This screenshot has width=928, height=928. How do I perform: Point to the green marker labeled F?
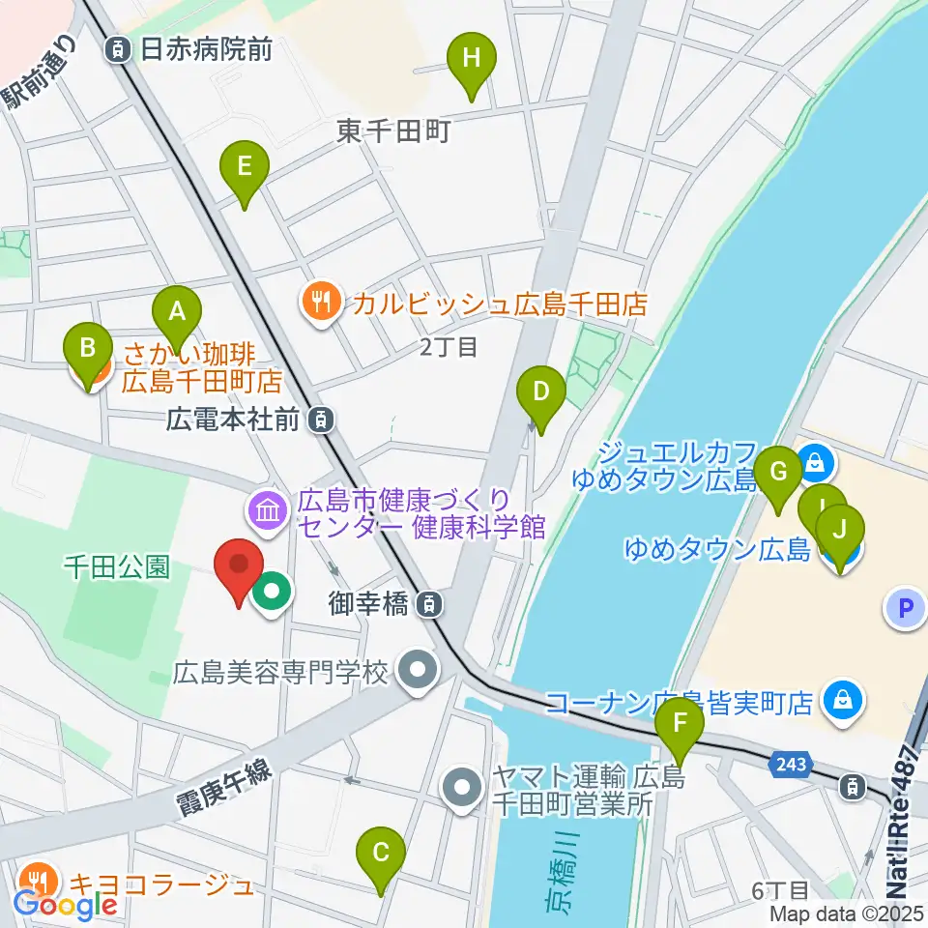680,724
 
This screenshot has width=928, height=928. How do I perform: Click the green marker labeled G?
779,474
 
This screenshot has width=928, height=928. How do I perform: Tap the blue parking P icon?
906,608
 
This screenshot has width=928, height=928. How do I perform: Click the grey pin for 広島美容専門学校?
419,669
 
